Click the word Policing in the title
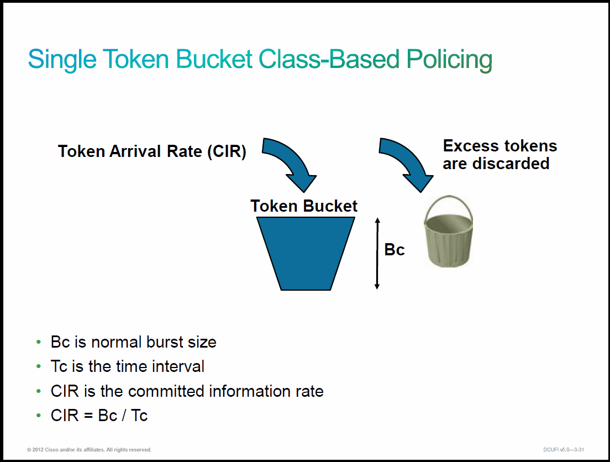(x=449, y=60)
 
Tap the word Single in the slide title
(x=62, y=60)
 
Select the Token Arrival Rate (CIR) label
(x=152, y=151)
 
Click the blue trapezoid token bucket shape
(x=306, y=253)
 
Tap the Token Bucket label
(x=304, y=206)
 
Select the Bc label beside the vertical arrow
(x=395, y=249)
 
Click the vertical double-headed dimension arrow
(x=377, y=253)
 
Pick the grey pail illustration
(x=448, y=231)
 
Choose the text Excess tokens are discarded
(x=500, y=155)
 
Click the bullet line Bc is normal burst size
(x=134, y=342)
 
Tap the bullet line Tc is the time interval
(x=127, y=366)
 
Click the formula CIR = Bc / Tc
(x=99, y=415)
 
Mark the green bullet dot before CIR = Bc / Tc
(x=39, y=415)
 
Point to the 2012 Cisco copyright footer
(x=89, y=449)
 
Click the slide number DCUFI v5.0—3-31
(x=564, y=449)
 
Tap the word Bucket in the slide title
(x=214, y=60)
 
